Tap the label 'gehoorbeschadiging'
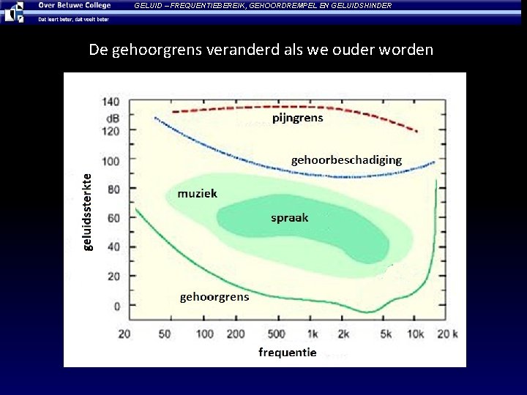click(x=346, y=159)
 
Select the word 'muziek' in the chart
click(x=197, y=194)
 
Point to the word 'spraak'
click(x=290, y=217)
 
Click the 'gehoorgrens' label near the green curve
click(x=214, y=296)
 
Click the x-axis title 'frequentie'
click(x=287, y=353)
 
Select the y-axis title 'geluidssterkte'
click(x=87, y=211)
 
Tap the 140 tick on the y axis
click(x=111, y=101)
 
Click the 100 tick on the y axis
click(x=111, y=159)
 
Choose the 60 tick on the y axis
click(x=113, y=218)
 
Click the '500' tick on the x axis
click(x=276, y=334)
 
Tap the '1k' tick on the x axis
click(x=312, y=334)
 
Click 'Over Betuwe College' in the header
click(x=74, y=5)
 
